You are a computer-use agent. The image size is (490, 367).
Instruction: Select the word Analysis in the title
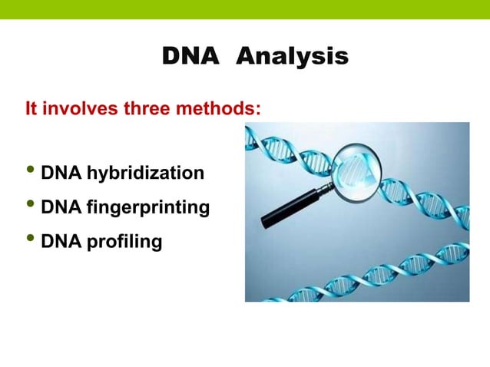[291, 57]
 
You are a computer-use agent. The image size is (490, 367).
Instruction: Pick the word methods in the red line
[218, 108]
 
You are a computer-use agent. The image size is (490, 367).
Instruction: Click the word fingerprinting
[147, 207]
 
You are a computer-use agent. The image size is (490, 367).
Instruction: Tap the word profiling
[124, 242]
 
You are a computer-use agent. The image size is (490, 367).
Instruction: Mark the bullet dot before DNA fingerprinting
[31, 205]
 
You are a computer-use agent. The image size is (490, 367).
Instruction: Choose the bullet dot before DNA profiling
[31, 240]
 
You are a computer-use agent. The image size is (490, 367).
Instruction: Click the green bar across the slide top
[245, 9]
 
